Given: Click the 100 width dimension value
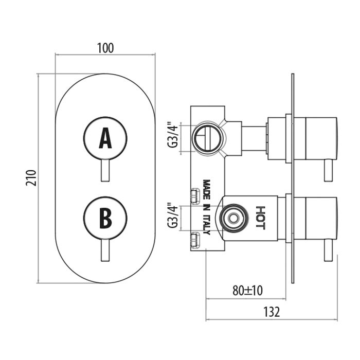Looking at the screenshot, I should click(x=105, y=48).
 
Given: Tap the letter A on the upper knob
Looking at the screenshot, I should click(x=105, y=138).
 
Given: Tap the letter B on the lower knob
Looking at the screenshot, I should click(x=105, y=217).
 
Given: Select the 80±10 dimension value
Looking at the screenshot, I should click(x=247, y=290).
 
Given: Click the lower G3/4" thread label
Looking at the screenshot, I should click(x=173, y=217).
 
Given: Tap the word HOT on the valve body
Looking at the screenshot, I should click(x=261, y=218).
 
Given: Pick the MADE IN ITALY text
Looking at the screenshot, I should click(x=207, y=207).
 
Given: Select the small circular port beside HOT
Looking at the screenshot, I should click(x=233, y=217).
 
